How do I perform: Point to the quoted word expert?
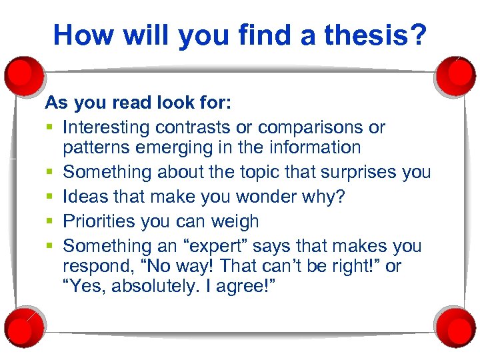(230, 246)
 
